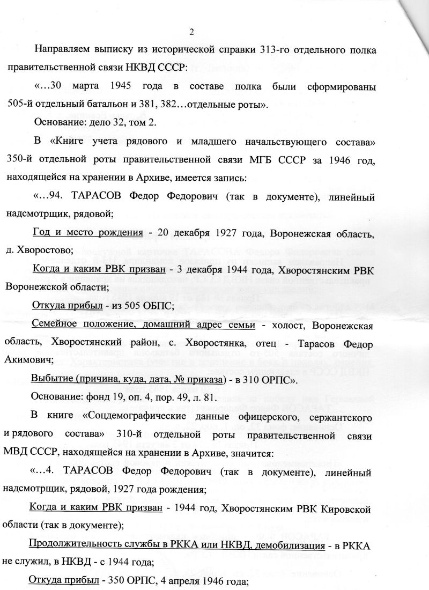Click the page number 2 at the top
(191, 31)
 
